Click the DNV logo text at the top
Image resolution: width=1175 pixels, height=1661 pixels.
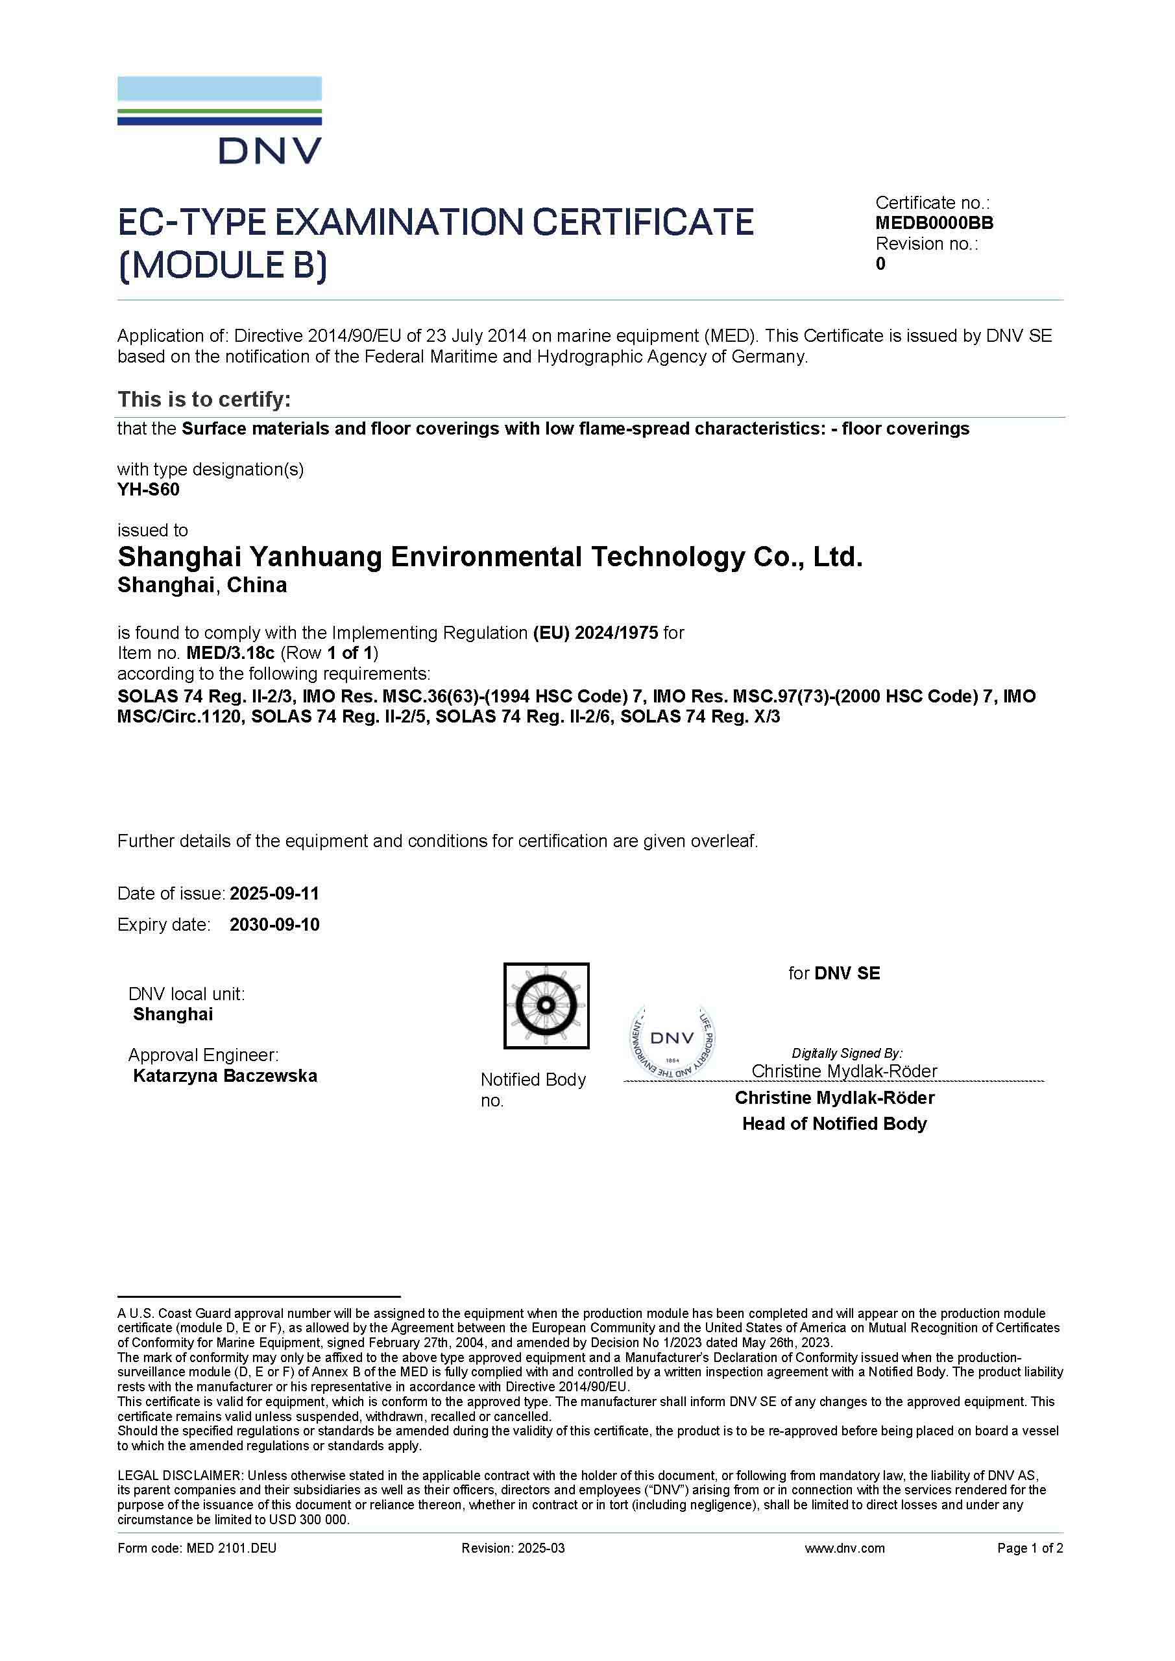270,150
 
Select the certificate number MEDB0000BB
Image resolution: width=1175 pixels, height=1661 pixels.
934,223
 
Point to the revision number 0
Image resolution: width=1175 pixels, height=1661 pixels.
880,264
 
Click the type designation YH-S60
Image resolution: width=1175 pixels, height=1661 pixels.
149,490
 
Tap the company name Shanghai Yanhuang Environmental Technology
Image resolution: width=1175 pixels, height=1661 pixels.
490,557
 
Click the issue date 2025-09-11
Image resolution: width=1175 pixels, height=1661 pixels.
274,894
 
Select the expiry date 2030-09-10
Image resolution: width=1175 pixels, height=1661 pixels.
274,925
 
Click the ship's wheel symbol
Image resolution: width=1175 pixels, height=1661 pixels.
546,1005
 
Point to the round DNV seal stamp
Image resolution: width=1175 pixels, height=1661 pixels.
672,1041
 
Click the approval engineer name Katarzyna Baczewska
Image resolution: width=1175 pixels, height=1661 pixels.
225,1076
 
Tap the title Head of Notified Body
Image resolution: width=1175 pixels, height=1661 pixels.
834,1123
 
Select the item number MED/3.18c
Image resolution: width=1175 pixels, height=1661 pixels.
230,653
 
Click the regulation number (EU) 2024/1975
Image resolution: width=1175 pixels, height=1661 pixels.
596,633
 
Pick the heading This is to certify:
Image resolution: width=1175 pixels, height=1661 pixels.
204,400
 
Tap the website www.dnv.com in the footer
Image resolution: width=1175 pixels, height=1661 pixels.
844,1548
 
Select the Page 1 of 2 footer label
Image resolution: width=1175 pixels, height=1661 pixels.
1030,1548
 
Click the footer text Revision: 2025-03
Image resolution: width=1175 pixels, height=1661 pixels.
513,1548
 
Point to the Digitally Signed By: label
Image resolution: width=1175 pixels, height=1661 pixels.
847,1053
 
